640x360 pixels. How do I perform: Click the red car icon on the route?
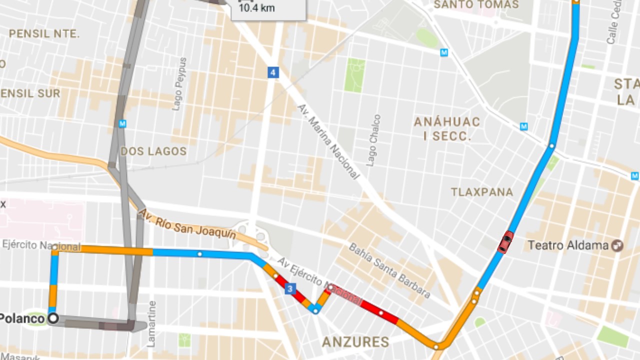(505, 242)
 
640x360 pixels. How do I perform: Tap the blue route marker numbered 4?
(272, 73)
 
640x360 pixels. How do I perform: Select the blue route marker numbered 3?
(290, 289)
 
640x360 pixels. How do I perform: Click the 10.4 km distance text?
(256, 8)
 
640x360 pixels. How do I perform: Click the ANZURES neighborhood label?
(355, 342)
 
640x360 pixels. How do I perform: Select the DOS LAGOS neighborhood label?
(153, 151)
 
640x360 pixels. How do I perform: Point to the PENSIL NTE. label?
(44, 34)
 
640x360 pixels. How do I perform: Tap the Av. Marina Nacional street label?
(328, 141)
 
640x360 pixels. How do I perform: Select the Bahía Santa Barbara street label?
(389, 270)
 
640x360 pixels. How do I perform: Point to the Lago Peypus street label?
(179, 84)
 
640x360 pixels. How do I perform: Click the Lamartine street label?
(152, 324)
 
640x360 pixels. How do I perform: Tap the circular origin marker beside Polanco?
(53, 318)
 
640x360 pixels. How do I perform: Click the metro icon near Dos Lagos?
(122, 123)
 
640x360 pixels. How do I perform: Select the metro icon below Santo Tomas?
(444, 52)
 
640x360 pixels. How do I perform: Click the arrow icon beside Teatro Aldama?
(618, 245)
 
